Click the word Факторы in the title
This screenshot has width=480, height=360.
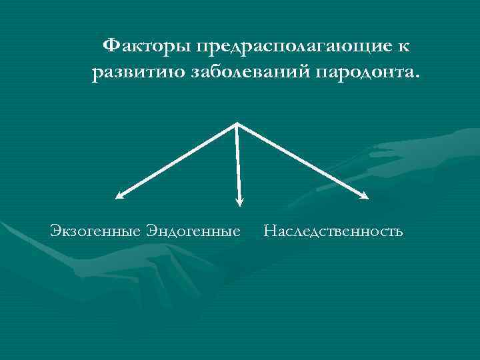tap(145, 46)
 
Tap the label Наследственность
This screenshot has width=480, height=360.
tap(333, 232)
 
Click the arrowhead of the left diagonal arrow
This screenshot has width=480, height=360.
tap(119, 196)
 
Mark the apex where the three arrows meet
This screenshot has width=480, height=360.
tap(237, 123)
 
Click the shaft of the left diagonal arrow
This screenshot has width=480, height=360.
tap(177, 160)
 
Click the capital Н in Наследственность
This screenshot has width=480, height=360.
tap(269, 231)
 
